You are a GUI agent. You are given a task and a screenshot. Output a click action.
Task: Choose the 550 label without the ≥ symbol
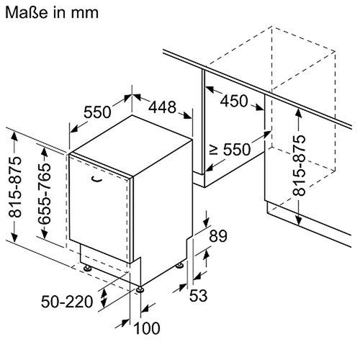coord(97,112)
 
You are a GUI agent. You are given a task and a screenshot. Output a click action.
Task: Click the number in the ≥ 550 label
coord(237,150)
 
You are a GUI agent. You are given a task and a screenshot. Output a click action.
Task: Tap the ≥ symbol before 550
coord(213,150)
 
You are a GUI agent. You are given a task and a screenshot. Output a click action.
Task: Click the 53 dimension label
coord(199,294)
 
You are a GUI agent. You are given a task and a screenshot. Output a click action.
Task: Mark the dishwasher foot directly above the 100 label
coord(140,289)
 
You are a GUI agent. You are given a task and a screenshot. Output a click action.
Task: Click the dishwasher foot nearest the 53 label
coord(178,267)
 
